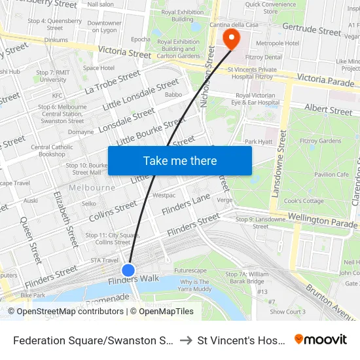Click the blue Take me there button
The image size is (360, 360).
point(179,160)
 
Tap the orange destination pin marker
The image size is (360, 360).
point(230,39)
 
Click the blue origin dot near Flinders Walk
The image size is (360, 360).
point(128,270)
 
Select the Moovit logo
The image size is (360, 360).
point(321,340)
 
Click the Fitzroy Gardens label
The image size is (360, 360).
point(320,141)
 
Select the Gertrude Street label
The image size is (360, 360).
point(312,30)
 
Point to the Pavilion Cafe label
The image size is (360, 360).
point(331,175)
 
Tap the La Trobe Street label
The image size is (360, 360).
point(112,83)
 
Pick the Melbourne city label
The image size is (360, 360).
point(92,187)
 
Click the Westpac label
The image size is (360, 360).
point(164,195)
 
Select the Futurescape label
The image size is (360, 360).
point(190,270)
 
